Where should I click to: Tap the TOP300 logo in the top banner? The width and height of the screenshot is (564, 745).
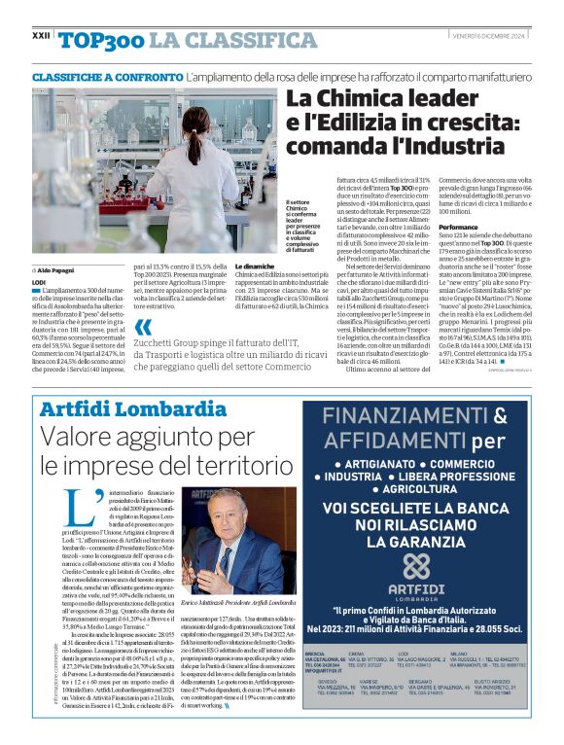[x=101, y=40]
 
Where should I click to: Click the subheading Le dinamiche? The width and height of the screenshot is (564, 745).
[x=255, y=265]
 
